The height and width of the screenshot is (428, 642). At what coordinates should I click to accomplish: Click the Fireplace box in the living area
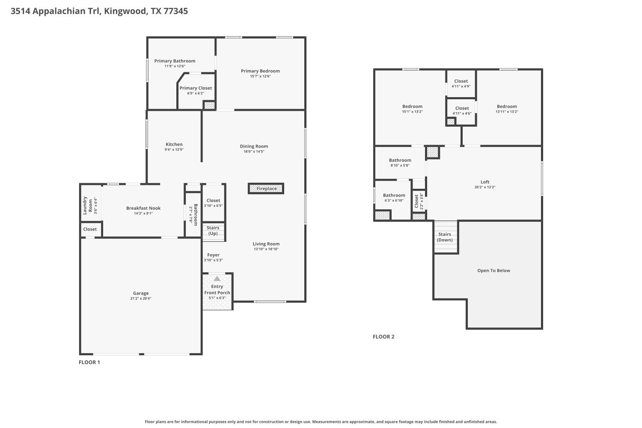[x=266, y=188]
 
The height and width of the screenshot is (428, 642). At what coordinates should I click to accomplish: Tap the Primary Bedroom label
[x=260, y=71]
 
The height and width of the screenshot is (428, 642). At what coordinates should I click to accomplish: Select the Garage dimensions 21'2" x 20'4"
[x=141, y=298]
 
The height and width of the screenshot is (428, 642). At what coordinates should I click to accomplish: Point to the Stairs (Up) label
[x=213, y=231]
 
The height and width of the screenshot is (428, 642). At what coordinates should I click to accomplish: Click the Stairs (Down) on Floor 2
[x=445, y=237]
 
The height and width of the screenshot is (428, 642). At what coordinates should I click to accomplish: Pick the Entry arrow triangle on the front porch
[x=217, y=279]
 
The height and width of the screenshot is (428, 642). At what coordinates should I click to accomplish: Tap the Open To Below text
[x=493, y=270]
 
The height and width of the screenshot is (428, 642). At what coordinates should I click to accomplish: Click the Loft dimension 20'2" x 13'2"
[x=485, y=187]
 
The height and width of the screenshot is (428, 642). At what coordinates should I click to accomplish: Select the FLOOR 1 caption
[x=89, y=362]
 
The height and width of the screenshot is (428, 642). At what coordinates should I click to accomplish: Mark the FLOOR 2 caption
[x=383, y=336]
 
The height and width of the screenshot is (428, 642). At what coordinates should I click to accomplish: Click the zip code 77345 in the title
[x=175, y=11]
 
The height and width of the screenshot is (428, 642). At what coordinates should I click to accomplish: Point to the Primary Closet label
[x=196, y=88]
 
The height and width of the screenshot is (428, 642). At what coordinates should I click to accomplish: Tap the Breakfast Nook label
[x=143, y=208]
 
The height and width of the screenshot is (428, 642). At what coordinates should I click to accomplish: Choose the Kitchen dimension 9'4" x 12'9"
[x=174, y=150]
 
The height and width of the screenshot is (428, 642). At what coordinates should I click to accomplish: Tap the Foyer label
[x=213, y=255]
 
